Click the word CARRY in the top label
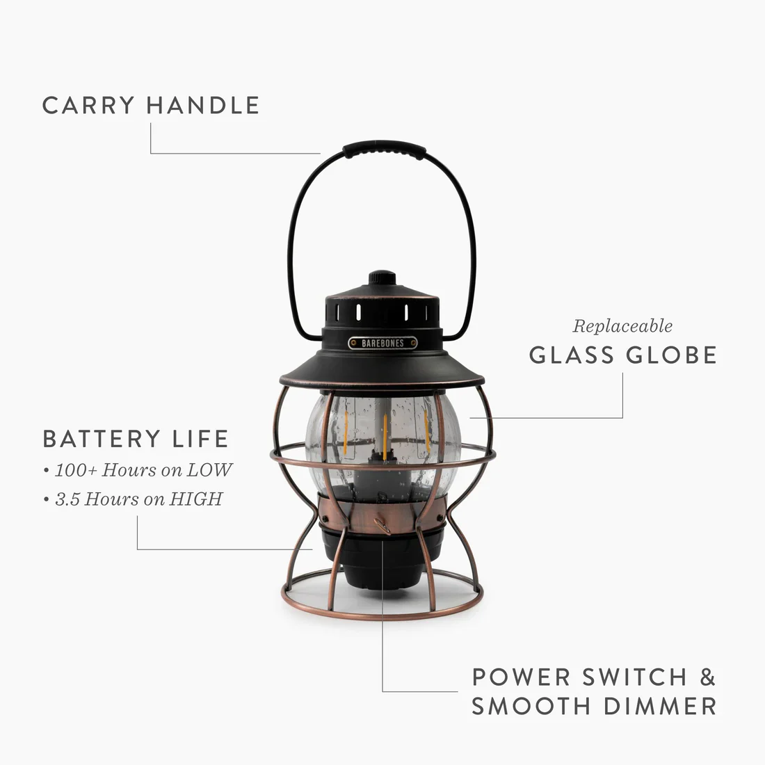(x=88, y=106)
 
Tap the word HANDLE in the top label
(x=203, y=106)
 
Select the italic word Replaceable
(x=622, y=325)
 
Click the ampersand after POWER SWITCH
(x=705, y=677)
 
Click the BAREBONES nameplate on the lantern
(x=382, y=343)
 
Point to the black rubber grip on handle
(x=383, y=149)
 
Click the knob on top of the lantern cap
(x=382, y=277)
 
